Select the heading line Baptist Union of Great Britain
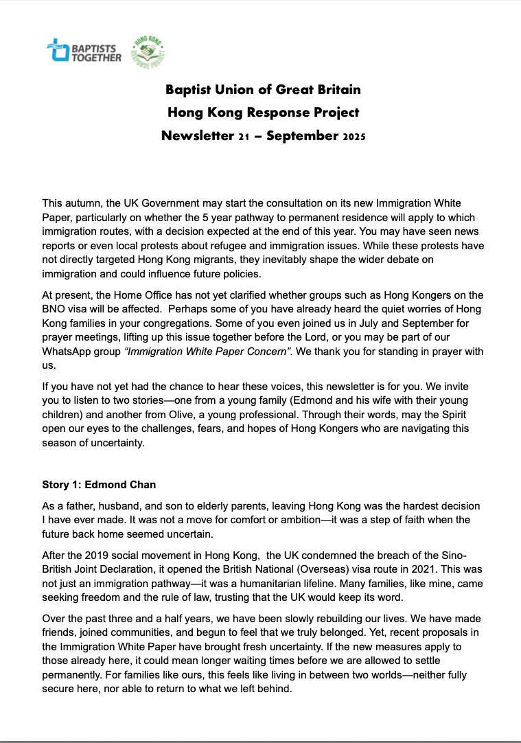coord(264,90)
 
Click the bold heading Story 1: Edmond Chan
coord(95,485)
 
